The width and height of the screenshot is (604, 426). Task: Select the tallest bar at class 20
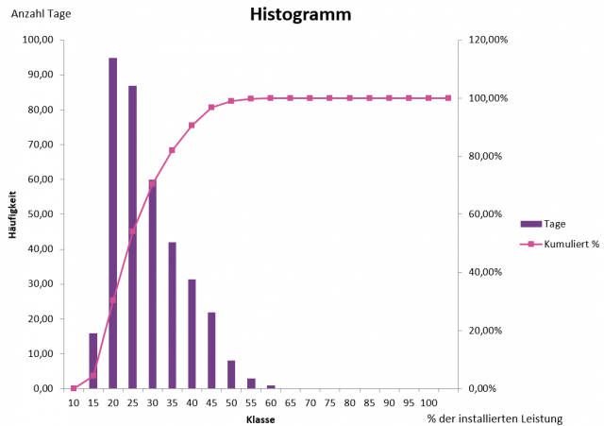113,223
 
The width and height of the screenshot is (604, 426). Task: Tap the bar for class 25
133,236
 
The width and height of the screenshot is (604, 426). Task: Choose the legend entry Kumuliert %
560,244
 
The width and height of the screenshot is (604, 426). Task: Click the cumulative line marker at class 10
74,388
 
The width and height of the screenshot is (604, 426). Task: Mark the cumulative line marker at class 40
192,125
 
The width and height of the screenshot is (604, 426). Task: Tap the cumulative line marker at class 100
449,98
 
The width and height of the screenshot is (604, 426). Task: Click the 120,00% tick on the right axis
488,40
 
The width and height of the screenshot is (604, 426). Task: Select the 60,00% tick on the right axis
485,214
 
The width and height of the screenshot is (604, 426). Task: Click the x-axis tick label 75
330,402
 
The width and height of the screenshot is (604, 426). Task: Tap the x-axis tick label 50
231,402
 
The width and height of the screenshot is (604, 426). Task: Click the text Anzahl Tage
41,14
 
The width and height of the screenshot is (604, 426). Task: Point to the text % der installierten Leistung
495,418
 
